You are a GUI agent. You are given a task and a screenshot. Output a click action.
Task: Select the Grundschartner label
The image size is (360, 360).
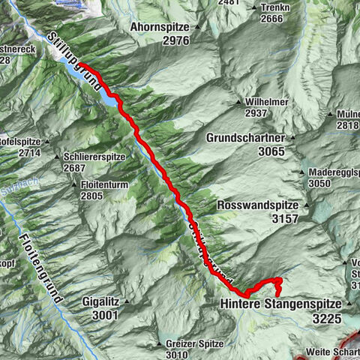[x=245, y=138]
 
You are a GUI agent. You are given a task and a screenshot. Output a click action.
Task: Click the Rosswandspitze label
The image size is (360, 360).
[x=257, y=205]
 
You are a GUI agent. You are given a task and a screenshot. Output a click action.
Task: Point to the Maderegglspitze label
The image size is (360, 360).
[x=333, y=172]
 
